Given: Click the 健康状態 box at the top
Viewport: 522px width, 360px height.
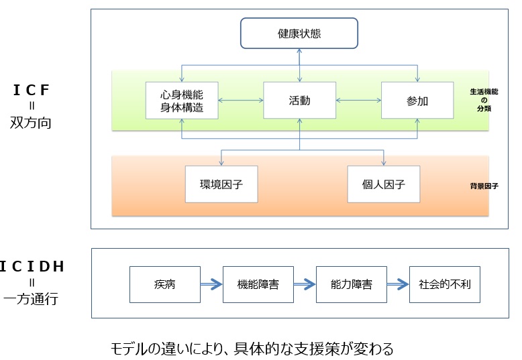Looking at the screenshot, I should coord(299,34).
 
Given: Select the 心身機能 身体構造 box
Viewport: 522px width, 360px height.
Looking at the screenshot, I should coord(182,101).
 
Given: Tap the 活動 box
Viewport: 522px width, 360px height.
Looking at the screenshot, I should coord(299,101).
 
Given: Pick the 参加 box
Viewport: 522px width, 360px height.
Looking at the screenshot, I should coord(417,101).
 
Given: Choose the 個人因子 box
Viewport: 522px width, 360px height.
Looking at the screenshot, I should coord(384,183).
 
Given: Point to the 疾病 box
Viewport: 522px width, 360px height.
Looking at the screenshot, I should coord(155,284).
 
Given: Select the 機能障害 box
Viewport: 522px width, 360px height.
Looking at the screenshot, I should coord(258,284).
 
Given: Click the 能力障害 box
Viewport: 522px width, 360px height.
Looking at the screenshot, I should coord(352,284).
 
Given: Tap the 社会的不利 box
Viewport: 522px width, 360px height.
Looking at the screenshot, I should coord(445,284).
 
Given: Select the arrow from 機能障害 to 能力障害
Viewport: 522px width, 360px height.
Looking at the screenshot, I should coord(305,284).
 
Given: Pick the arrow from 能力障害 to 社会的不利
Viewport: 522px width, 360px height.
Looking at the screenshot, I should coord(398,284).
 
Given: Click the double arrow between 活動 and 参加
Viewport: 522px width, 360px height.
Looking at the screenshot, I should coord(358,101).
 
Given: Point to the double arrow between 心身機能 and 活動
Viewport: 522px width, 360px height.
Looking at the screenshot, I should coord(240,101).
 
